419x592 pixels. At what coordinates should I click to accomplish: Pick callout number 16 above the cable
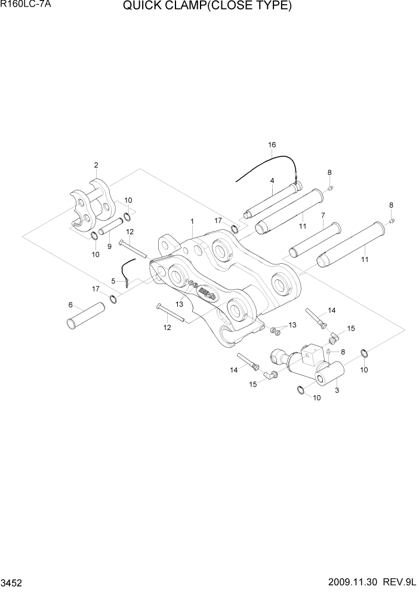coord(272,145)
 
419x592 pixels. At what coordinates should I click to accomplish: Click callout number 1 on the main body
coord(192,221)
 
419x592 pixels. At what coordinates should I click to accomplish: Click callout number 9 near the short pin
coord(109,245)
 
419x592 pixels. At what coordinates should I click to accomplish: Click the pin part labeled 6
coord(85,314)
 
